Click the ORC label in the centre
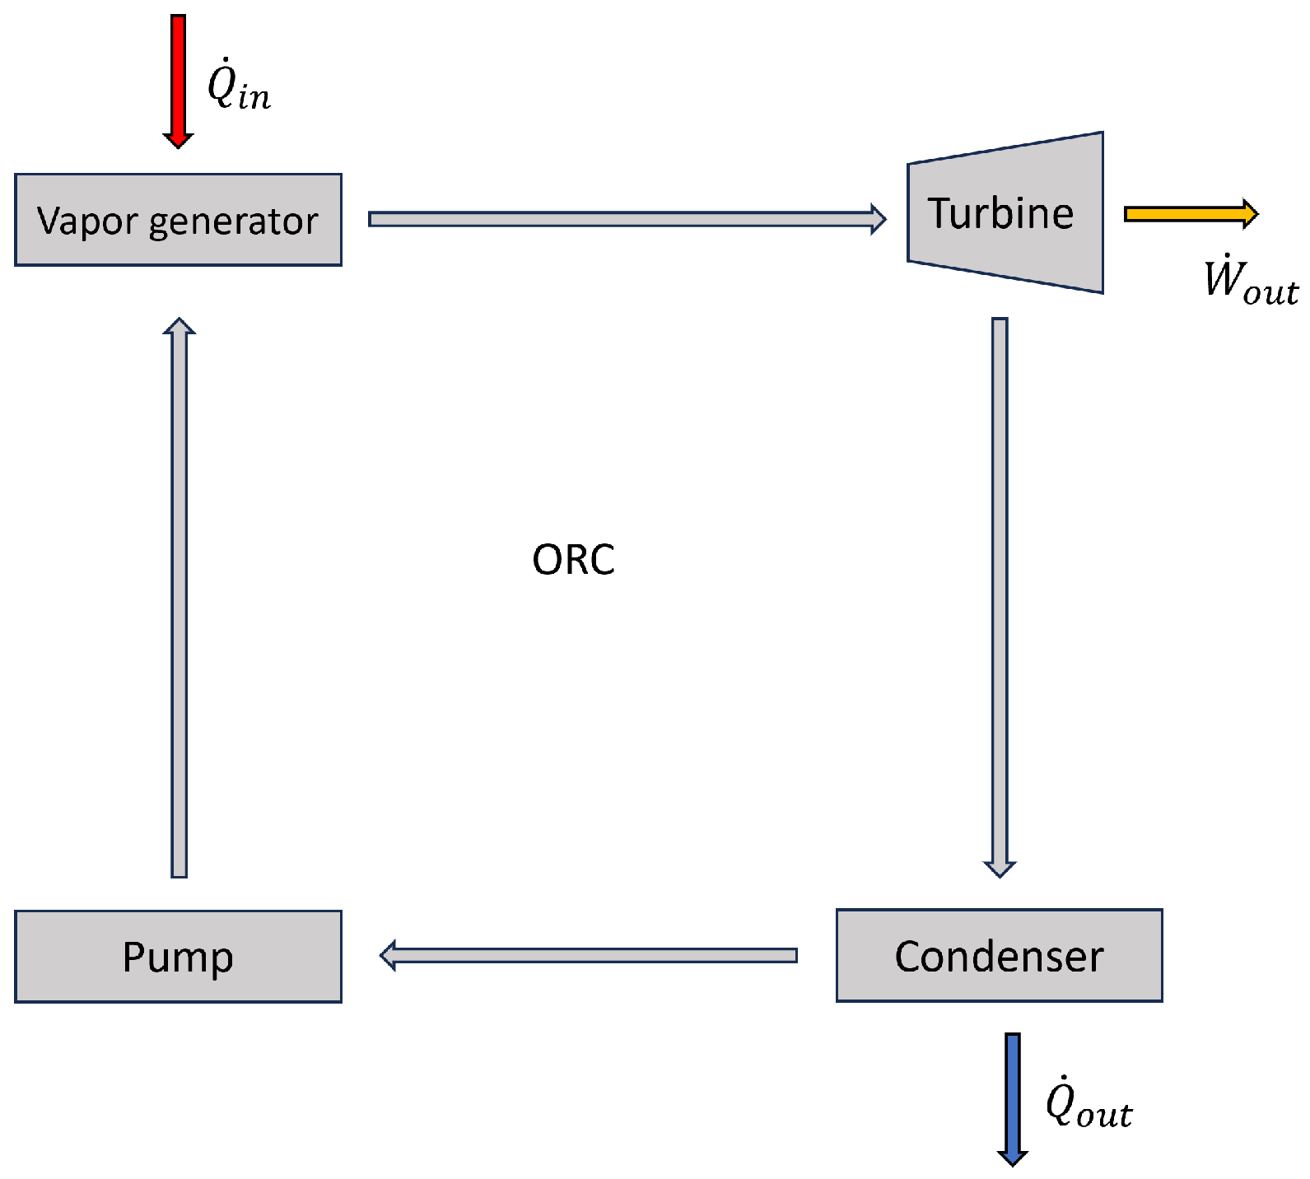click(573, 560)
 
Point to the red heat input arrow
click(178, 74)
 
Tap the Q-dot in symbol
click(238, 86)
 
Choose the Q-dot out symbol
click(1088, 1103)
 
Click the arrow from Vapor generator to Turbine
click(626, 219)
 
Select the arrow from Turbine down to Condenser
click(1000, 593)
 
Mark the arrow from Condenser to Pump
click(589, 955)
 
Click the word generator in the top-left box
click(233, 222)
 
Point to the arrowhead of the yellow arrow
click(1249, 214)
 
